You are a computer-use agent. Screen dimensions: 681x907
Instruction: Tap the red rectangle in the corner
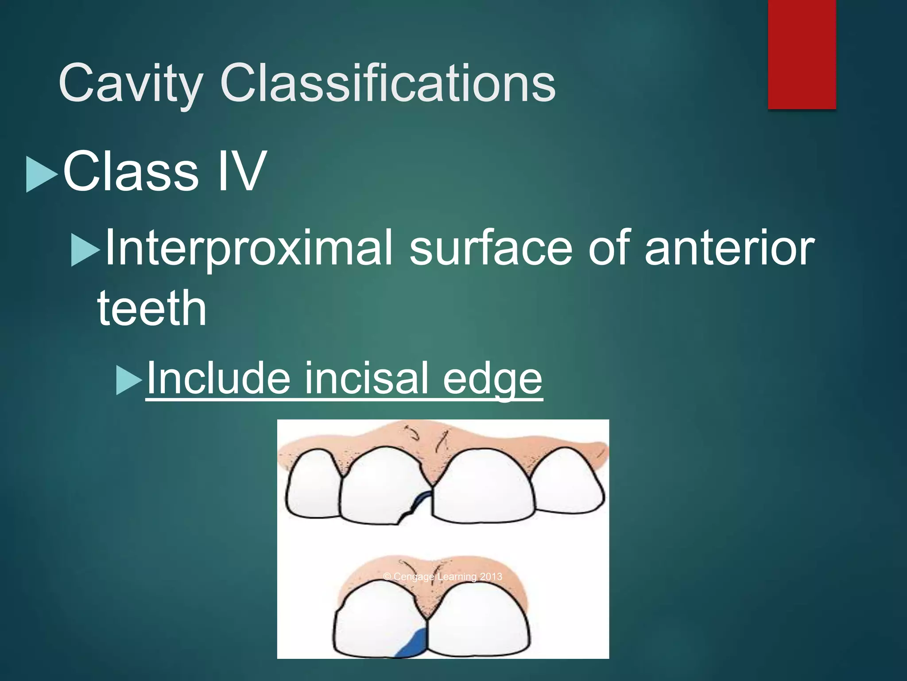[x=802, y=54]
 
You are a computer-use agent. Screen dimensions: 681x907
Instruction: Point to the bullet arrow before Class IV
[x=42, y=174]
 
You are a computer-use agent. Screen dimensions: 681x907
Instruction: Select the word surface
[x=491, y=247]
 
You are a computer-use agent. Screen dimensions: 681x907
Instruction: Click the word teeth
[x=152, y=308]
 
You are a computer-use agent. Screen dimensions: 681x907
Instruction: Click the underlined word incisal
[x=366, y=377]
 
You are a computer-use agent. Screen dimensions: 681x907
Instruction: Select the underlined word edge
[x=492, y=378]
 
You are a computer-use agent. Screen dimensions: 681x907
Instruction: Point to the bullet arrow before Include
[x=129, y=380]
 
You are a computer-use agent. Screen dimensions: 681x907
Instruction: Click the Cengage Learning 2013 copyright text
[x=442, y=576]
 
